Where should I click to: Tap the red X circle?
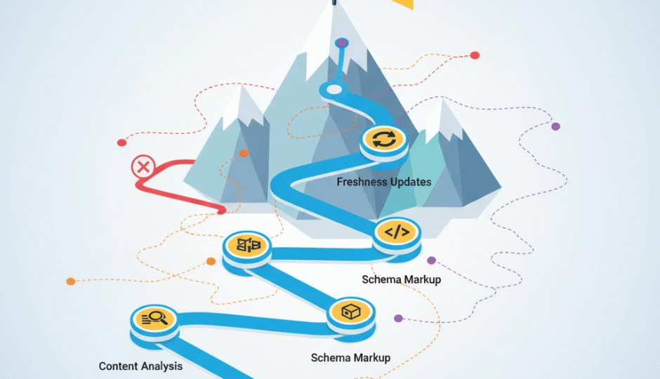[x=143, y=167]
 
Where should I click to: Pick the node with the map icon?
[x=249, y=245]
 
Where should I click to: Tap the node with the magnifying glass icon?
[x=155, y=319]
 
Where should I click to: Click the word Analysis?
[x=163, y=366]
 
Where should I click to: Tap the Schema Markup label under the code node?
[x=401, y=279]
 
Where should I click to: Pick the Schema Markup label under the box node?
[x=350, y=358]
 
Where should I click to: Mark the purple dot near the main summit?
[x=341, y=43]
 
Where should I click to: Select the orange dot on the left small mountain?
[x=244, y=153]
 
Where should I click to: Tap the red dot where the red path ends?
[x=222, y=210]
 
